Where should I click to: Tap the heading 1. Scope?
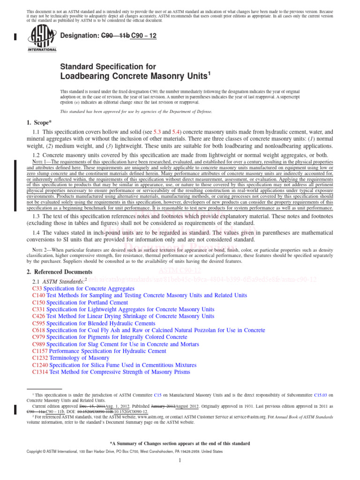point(41,123)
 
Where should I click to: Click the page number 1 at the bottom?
point(180,461)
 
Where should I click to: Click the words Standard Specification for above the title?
point(108,67)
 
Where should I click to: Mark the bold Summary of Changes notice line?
point(180,443)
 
